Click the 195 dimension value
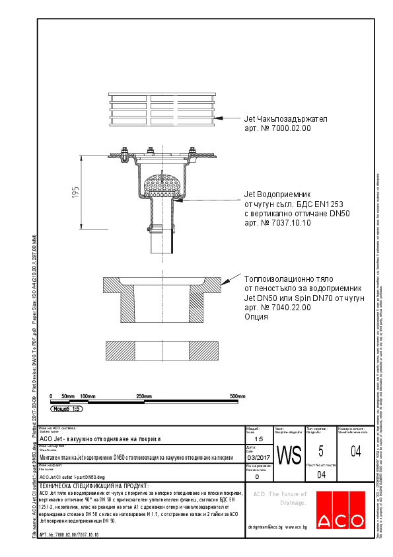click(x=76, y=192)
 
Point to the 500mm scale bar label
click(x=237, y=396)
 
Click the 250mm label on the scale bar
click(x=144, y=396)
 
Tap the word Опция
click(x=256, y=317)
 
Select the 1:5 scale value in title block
click(x=258, y=439)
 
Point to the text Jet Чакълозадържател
click(x=281, y=119)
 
